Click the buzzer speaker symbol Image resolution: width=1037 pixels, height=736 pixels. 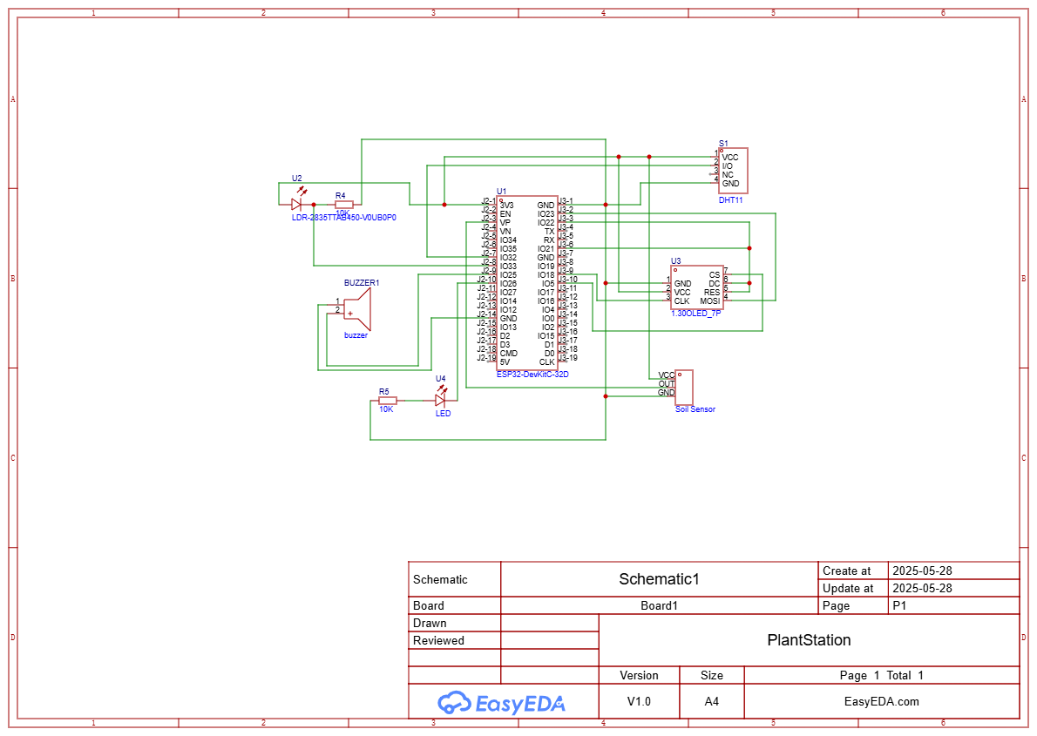pyautogui.click(x=357, y=308)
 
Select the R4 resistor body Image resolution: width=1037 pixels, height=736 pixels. pyautogui.click(x=344, y=205)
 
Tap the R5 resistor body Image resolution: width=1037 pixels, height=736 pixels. pyautogui.click(x=387, y=401)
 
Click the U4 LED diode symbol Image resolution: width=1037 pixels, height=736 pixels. pyautogui.click(x=440, y=400)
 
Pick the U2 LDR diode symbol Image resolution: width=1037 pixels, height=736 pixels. pyautogui.click(x=297, y=205)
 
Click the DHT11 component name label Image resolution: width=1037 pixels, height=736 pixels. pyautogui.click(x=730, y=199)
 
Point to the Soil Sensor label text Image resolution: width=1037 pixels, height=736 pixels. pyautogui.click(x=695, y=409)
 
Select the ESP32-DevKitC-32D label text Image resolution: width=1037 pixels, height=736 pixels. pyautogui.click(x=532, y=374)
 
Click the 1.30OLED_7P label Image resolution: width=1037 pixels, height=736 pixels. pyautogui.click(x=695, y=312)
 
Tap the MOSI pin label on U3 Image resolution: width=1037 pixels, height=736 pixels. pyautogui.click(x=709, y=301)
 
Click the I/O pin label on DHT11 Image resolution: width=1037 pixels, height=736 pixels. pyautogui.click(x=727, y=165)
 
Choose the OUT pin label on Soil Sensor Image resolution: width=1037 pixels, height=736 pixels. pyautogui.click(x=666, y=384)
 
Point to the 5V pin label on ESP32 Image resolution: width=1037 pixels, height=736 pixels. pyautogui.click(x=505, y=362)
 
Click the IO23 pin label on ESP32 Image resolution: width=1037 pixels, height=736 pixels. pyautogui.click(x=546, y=214)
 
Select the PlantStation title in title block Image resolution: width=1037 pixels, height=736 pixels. pyautogui.click(x=809, y=640)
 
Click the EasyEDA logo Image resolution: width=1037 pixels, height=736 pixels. pyautogui.click(x=502, y=702)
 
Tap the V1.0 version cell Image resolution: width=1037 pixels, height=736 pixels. pyautogui.click(x=639, y=701)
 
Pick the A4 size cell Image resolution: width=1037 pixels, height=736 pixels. pyautogui.click(x=711, y=701)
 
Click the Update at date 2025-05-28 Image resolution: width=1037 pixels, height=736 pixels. pyautogui.click(x=921, y=588)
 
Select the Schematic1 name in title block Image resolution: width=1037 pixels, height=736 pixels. pyautogui.click(x=659, y=579)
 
